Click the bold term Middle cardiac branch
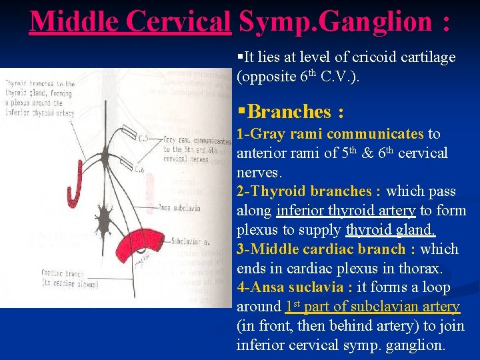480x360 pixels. click(329, 249)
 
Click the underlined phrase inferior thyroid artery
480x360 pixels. click(346, 211)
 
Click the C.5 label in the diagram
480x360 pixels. click(144, 138)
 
